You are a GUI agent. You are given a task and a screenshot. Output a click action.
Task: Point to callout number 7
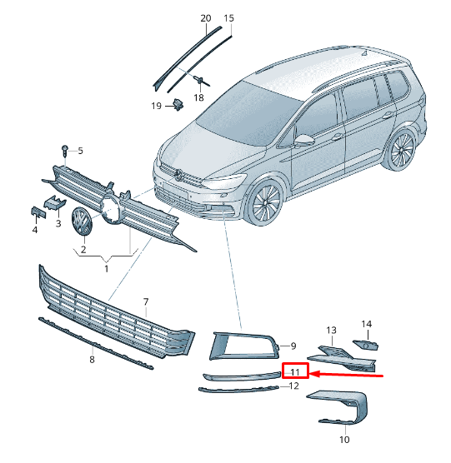pyautogui.click(x=145, y=301)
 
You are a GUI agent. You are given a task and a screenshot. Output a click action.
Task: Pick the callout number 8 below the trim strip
pyautogui.click(x=92, y=359)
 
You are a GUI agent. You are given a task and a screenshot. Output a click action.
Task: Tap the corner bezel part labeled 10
pyautogui.click(x=342, y=409)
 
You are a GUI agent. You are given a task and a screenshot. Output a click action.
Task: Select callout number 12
pyautogui.click(x=293, y=388)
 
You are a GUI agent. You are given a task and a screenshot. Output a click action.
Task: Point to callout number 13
pyautogui.click(x=330, y=331)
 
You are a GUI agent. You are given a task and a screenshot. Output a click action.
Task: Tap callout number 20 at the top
pyautogui.click(x=206, y=17)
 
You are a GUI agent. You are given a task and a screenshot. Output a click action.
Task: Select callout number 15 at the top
pyautogui.click(x=229, y=17)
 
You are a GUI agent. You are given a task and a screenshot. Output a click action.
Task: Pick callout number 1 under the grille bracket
pyautogui.click(x=106, y=268)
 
